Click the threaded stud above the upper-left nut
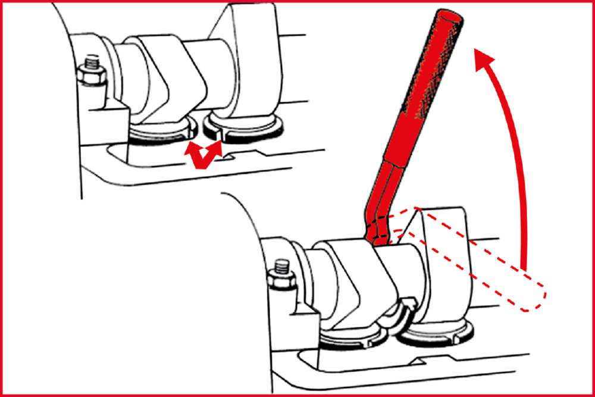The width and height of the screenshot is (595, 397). click(91, 61)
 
